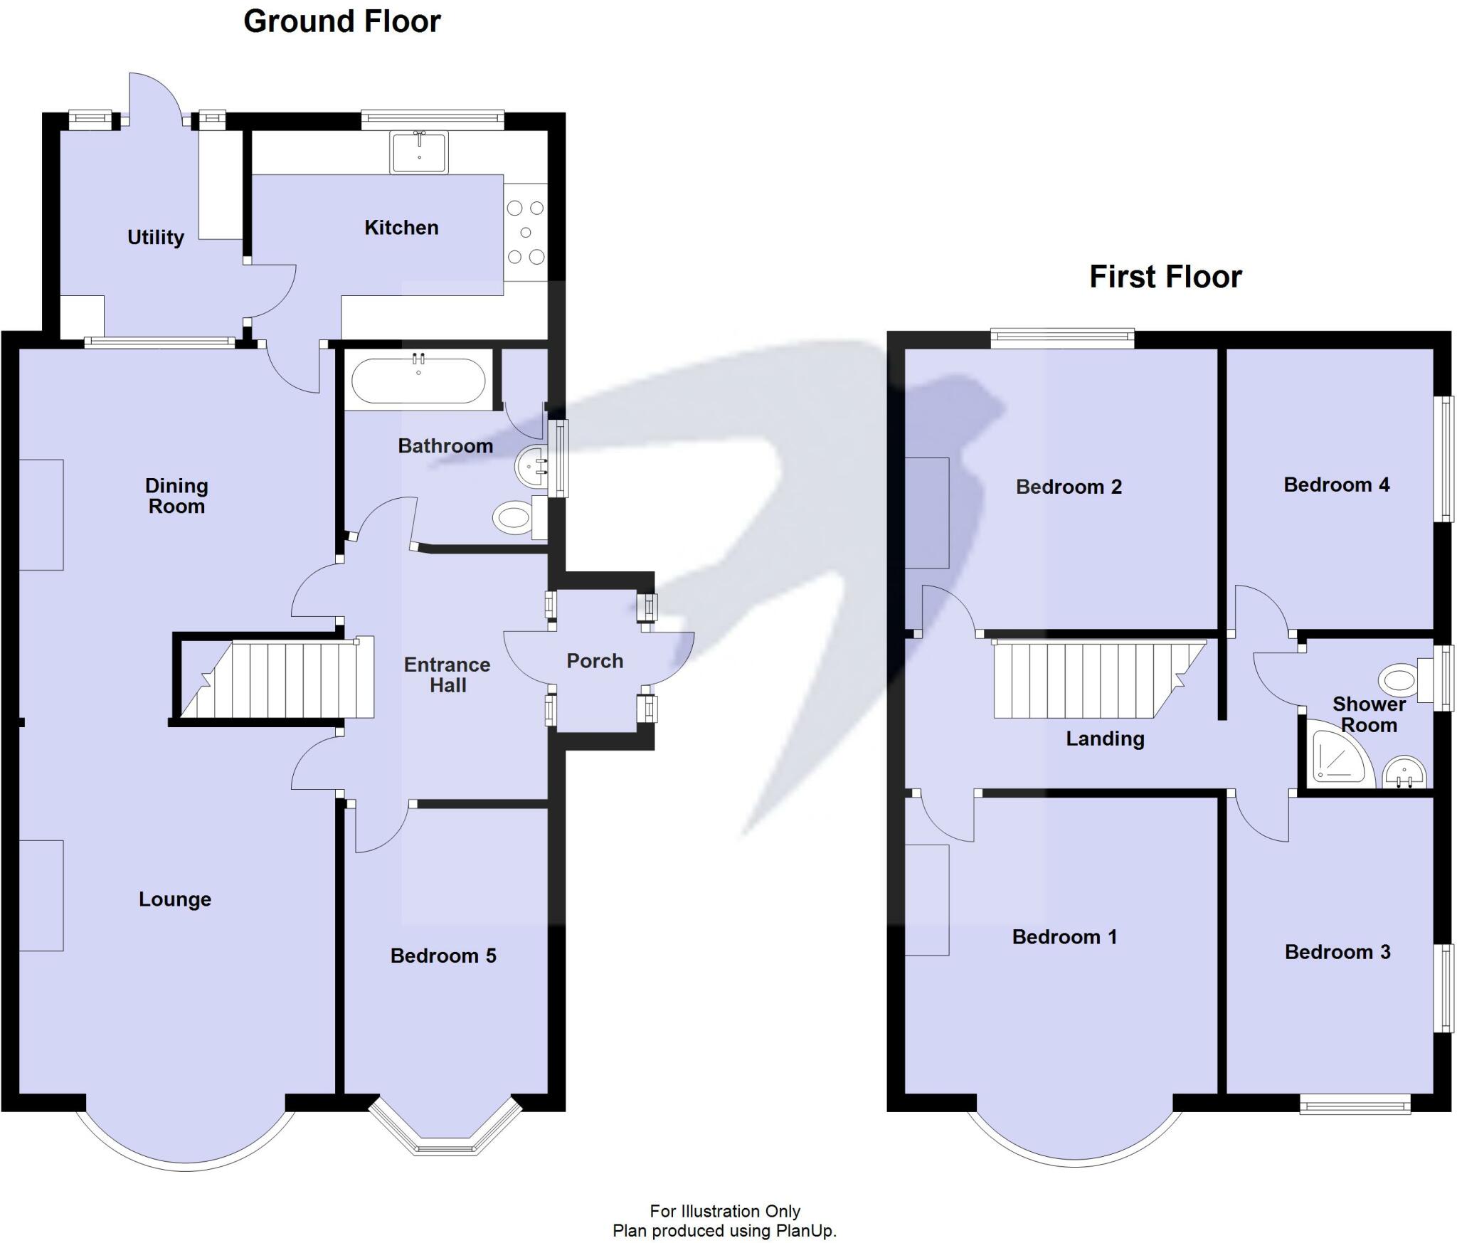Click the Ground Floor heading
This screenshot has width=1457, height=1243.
(x=341, y=21)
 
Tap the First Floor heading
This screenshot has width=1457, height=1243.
(x=1165, y=276)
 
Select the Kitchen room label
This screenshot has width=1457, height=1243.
(x=401, y=228)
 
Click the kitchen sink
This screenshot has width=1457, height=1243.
(x=419, y=152)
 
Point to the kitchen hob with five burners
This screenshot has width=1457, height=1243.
(x=526, y=232)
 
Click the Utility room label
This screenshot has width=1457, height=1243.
(x=155, y=237)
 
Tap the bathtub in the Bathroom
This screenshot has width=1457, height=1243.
(x=418, y=381)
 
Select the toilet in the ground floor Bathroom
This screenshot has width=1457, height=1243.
(x=516, y=517)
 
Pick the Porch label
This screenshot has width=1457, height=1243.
(x=595, y=661)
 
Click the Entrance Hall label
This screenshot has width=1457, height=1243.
(x=447, y=675)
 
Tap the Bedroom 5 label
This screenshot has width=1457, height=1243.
(x=443, y=956)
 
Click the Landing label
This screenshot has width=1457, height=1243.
(x=1105, y=739)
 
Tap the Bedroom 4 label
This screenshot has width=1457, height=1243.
(x=1336, y=485)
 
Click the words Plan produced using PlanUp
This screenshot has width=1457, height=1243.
(x=724, y=1231)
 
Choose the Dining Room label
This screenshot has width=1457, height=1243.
(x=176, y=496)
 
